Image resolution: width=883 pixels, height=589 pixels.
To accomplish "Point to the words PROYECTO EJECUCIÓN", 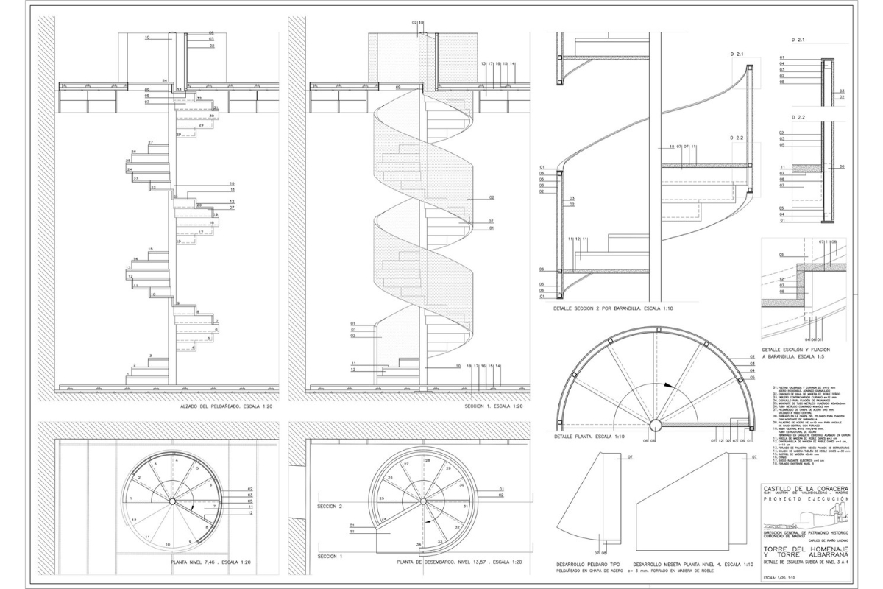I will coord(805,499).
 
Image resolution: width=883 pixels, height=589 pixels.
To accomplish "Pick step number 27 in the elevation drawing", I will coord(150,142).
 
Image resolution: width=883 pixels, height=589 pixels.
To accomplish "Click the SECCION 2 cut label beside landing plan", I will coord(330,507).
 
